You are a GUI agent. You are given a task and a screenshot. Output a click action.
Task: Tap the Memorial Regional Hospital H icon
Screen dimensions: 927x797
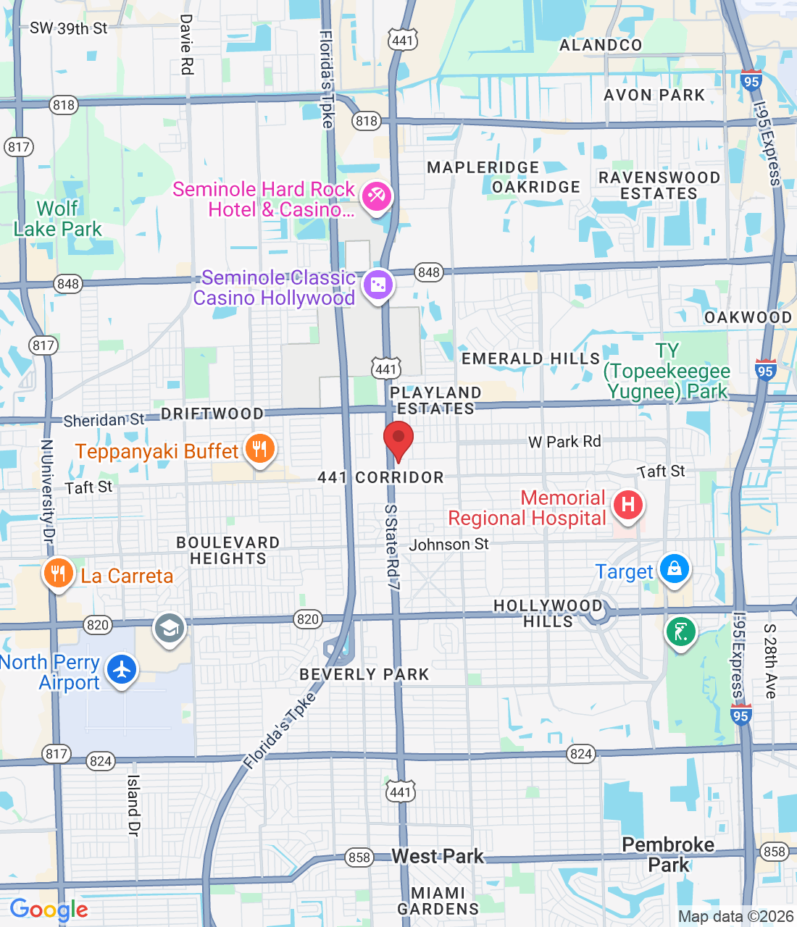[628, 505]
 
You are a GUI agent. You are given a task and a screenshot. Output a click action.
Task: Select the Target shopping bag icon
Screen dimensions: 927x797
[675, 569]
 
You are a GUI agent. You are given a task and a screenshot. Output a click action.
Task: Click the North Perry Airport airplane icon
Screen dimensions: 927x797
[122, 669]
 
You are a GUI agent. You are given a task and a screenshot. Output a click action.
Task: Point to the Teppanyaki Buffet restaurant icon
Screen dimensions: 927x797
[259, 450]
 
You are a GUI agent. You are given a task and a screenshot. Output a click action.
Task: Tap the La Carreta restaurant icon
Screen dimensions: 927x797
[58, 575]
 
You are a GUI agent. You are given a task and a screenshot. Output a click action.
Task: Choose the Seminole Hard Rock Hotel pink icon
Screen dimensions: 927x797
[376, 196]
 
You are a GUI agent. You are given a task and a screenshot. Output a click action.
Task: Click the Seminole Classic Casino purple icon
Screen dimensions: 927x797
[377, 285]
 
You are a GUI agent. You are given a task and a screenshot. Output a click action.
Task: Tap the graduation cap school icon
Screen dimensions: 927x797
[170, 628]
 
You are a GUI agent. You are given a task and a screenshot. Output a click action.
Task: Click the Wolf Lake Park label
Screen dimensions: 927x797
[58, 219]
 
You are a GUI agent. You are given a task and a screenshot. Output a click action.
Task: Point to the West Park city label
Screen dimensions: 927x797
[438, 856]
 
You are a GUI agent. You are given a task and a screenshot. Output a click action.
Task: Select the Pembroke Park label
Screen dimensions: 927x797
[668, 855]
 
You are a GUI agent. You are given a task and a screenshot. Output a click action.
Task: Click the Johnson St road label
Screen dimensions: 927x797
[449, 545]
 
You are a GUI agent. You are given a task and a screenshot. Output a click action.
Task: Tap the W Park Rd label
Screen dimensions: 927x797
[564, 442]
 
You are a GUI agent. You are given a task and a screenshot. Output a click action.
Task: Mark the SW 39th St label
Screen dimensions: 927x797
[68, 29]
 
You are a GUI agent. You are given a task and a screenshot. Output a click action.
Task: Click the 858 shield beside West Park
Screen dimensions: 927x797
[359, 857]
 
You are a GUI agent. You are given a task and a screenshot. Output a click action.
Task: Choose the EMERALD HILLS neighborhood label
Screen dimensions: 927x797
[531, 358]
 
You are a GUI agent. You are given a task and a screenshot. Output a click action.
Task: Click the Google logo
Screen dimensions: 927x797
[49, 910]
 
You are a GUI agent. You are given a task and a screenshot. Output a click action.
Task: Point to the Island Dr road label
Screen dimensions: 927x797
[133, 805]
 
